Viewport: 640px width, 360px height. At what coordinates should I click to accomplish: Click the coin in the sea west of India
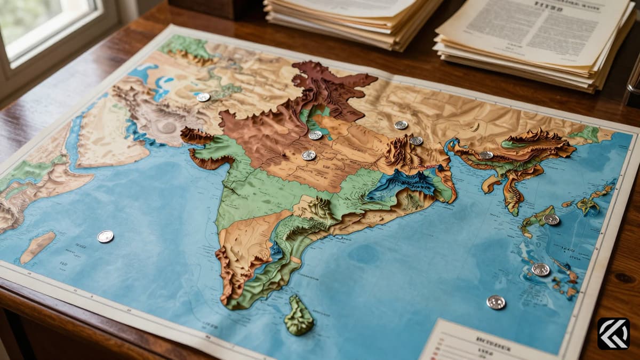(106, 236)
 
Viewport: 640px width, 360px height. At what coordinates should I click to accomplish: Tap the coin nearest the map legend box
(496, 302)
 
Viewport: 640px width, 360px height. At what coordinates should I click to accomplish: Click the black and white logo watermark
(613, 334)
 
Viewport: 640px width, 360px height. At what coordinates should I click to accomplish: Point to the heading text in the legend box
(486, 340)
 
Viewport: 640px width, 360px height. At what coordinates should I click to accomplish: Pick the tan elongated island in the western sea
(37, 246)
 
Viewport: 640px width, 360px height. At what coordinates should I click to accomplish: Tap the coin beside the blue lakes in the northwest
(203, 97)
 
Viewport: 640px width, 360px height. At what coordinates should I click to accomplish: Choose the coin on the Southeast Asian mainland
(486, 155)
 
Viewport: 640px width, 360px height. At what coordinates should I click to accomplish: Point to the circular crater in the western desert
(167, 127)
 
